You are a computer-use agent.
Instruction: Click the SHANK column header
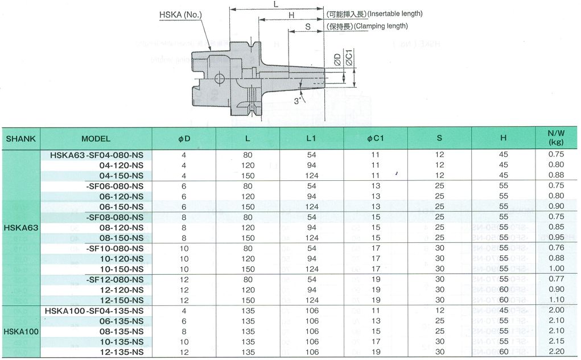tap(20, 139)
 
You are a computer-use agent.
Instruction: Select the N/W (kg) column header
tap(556, 138)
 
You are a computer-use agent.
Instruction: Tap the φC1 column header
tap(376, 139)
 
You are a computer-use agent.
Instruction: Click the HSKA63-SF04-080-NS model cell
tap(97, 155)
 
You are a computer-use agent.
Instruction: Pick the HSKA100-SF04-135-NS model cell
tap(94, 311)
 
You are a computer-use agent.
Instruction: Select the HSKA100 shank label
tap(21, 332)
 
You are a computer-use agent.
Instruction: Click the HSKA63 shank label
tap(21, 228)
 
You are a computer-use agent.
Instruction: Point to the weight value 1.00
tap(556, 268)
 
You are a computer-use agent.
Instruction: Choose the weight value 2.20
tap(556, 351)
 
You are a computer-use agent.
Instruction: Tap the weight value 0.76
tap(556, 248)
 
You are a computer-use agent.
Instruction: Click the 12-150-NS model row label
tap(122, 300)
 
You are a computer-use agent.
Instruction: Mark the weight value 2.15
tap(556, 341)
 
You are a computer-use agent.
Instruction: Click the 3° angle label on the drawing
tap(298, 101)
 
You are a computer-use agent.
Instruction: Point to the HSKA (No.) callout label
tap(180, 15)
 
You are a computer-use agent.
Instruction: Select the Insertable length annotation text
tap(395, 14)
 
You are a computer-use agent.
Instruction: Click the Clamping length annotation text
tap(381, 26)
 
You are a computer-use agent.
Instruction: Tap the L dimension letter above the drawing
tap(275, 5)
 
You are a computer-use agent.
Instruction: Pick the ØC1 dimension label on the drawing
tap(349, 58)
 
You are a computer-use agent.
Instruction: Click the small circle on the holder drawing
tap(219, 78)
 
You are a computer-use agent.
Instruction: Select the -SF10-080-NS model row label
tap(115, 249)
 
